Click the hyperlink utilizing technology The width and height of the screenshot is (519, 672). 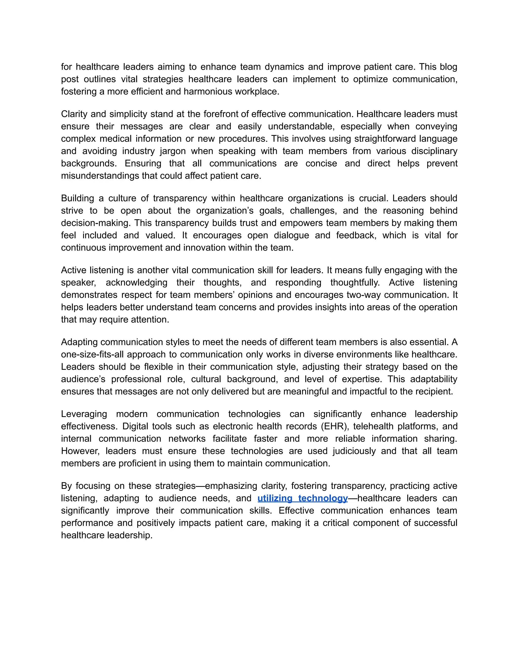303,498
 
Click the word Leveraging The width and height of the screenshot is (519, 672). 84,414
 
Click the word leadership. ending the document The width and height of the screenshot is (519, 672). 130,535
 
